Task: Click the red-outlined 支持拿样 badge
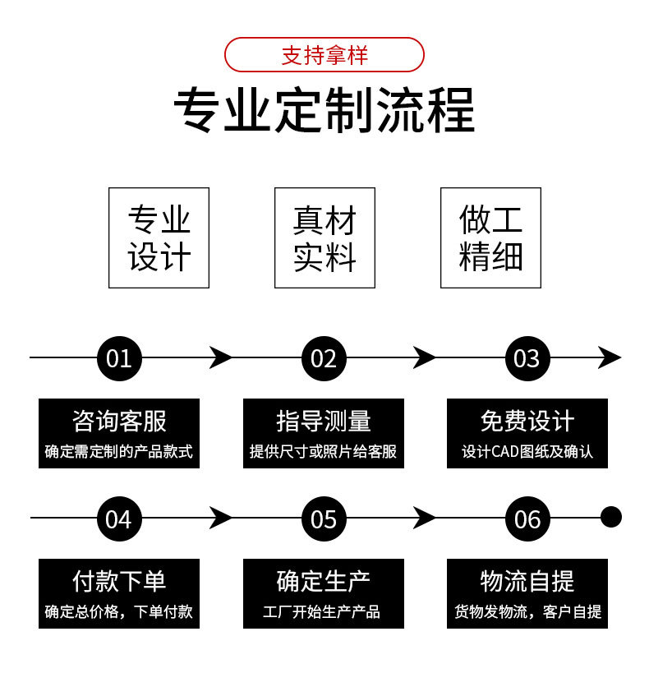pos(324,55)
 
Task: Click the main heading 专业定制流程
pos(324,110)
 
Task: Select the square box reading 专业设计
pos(159,237)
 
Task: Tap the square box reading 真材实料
pos(324,237)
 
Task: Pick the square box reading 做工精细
pos(490,237)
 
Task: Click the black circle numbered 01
pos(119,358)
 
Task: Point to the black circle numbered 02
pos(324,358)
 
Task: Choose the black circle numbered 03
pos(527,358)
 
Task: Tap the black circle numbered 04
pos(119,519)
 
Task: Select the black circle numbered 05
pos(324,519)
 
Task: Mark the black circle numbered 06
pos(527,519)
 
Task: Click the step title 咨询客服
pos(119,422)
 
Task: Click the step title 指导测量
pos(324,422)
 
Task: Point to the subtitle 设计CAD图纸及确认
pos(527,452)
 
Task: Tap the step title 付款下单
pos(119,581)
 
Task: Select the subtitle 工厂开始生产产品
pos(324,612)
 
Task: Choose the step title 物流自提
pos(527,581)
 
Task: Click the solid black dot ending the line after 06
pos(610,518)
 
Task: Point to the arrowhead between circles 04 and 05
pos(220,518)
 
